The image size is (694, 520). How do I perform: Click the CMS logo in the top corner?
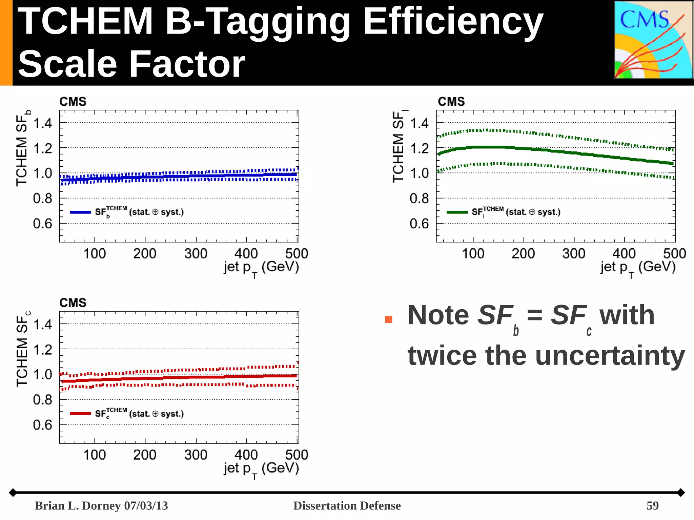click(653, 40)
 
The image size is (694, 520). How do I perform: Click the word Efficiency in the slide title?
click(453, 22)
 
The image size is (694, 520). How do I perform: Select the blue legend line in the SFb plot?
click(80, 212)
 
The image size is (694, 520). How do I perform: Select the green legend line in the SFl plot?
click(457, 212)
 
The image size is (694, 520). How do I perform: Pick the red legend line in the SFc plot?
click(80, 414)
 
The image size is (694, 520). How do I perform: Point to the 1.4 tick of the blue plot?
click(43, 123)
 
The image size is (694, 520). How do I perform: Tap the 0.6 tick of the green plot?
click(419, 224)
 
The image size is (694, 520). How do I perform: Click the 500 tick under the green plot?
click(674, 254)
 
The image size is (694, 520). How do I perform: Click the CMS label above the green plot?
click(451, 102)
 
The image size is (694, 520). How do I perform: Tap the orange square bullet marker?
click(389, 319)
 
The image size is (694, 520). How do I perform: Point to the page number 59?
click(652, 506)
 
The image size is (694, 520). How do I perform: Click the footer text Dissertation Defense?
click(347, 506)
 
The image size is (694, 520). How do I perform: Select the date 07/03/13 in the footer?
click(146, 506)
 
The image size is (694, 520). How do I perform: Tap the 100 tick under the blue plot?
click(95, 254)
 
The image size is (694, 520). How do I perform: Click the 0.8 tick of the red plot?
click(43, 400)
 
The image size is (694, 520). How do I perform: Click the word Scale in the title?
click(68, 64)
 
